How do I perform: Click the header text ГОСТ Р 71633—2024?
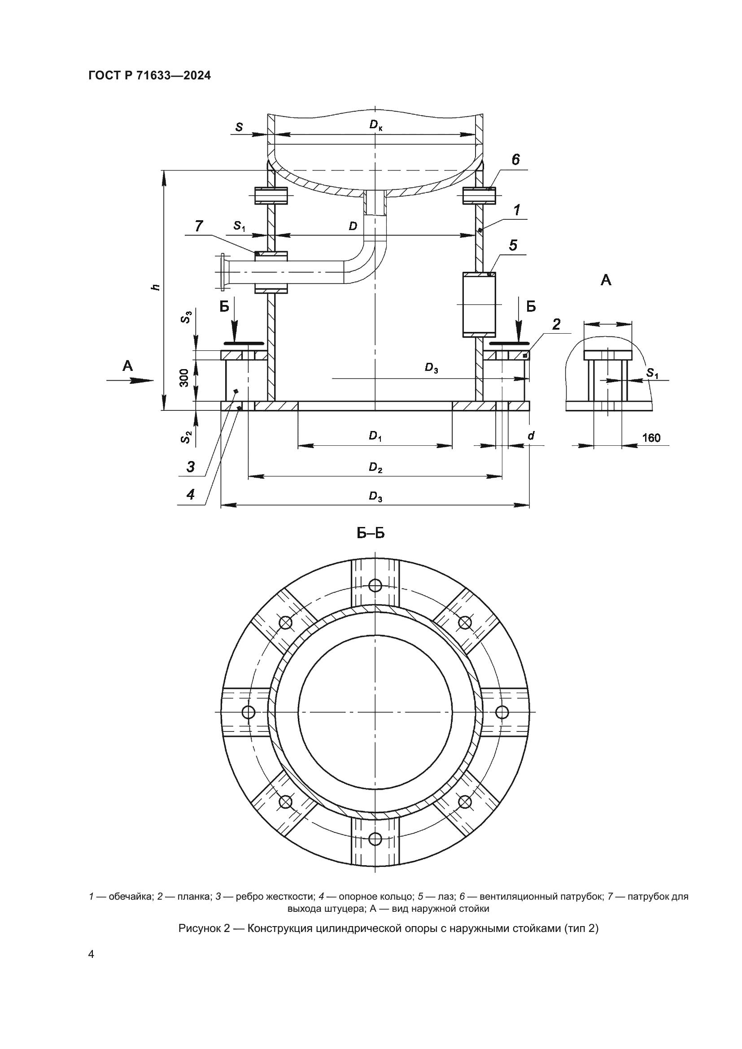(x=149, y=76)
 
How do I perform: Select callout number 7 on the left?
(x=199, y=226)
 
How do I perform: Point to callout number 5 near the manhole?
(x=513, y=245)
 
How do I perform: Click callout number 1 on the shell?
(x=517, y=211)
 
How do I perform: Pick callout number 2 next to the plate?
(x=556, y=324)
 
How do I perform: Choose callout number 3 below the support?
(x=191, y=466)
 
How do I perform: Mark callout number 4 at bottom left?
(x=191, y=494)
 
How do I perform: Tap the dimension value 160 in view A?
(x=651, y=438)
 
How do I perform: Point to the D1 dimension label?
(x=375, y=436)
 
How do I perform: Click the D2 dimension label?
(x=375, y=467)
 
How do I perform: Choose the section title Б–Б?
(x=371, y=533)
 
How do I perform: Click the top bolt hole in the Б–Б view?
(x=375, y=585)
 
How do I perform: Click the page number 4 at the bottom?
(x=92, y=954)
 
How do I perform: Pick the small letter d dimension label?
(x=531, y=436)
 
